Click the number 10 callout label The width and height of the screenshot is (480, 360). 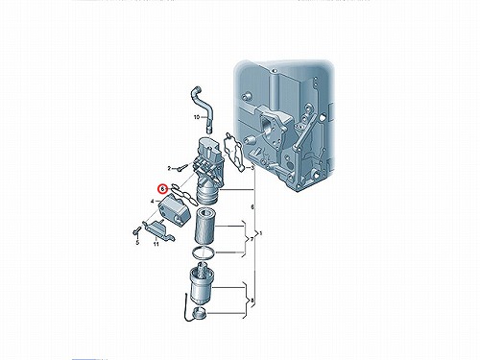[x=197, y=117]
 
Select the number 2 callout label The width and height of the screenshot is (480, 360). [x=169, y=168]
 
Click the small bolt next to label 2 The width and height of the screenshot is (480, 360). [x=179, y=167]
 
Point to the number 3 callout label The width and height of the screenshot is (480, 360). [x=252, y=168]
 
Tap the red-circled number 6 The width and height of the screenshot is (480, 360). [x=162, y=189]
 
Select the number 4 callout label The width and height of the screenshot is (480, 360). [x=153, y=201]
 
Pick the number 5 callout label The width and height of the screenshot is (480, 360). [x=137, y=243]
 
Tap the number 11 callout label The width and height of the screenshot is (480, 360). [x=156, y=245]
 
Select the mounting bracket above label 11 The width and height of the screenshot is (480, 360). [x=158, y=229]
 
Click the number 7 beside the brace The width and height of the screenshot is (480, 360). [x=252, y=239]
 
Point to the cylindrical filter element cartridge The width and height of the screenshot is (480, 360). [x=205, y=227]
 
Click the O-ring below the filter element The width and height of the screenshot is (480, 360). [x=204, y=252]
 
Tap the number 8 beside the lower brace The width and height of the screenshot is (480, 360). [x=252, y=300]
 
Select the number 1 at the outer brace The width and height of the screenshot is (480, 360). [x=260, y=233]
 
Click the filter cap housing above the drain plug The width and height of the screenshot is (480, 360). [x=202, y=282]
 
